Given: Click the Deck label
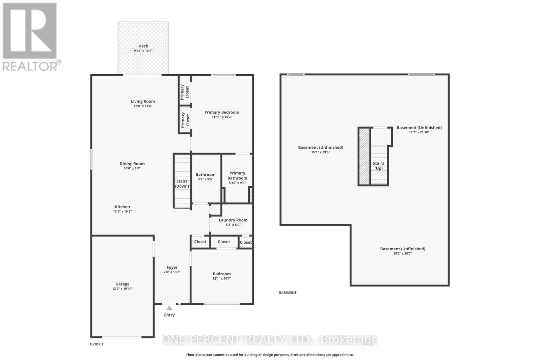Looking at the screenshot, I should pos(143,46).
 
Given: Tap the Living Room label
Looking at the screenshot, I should pos(143,101).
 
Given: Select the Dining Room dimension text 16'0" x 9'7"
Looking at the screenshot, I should pos(132,168).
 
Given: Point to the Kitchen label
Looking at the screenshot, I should pos(122,207).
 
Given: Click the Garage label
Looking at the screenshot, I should pos(122,284).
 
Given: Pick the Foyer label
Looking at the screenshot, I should pos(172,267).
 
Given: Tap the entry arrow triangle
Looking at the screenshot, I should pos(169,308).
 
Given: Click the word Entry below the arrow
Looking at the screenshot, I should pos(169,315).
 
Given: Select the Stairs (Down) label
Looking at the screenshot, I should pos(182,184).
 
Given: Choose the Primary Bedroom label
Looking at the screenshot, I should pos(222,112).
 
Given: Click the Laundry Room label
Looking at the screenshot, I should pos(233,220).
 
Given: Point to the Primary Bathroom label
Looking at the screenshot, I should pos(237,175).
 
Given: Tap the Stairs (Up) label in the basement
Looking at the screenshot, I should pos(378,166).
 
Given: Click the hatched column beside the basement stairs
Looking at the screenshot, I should pos(364,157).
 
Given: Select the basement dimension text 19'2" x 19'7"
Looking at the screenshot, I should pos(403,253).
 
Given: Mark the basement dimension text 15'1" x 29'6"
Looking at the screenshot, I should pos(321,152).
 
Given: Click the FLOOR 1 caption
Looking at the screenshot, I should pos(97,344).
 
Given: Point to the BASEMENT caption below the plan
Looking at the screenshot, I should pos(288,293).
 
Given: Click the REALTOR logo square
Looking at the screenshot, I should pos(30,31).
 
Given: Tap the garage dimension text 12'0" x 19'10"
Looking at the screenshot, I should pos(122,289).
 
